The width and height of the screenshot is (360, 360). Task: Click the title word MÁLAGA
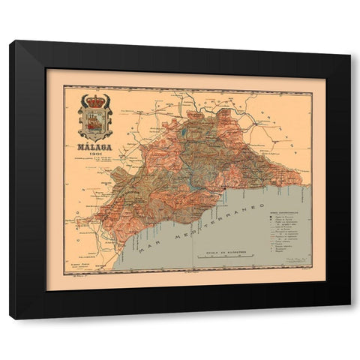click(x=95, y=147)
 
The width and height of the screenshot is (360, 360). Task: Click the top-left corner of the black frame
click(x=11, y=42)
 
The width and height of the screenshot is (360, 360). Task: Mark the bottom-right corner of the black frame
click(x=349, y=318)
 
